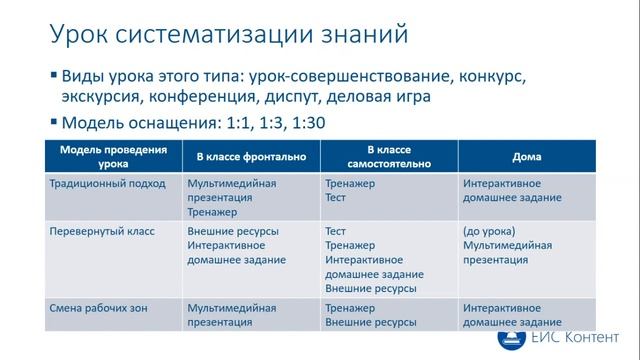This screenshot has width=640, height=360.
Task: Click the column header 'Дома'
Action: (x=527, y=156)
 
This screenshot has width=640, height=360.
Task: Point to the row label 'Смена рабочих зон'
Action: (x=97, y=308)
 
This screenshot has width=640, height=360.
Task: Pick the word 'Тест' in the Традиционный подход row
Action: (x=336, y=198)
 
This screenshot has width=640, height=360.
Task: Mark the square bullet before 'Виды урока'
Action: (x=52, y=76)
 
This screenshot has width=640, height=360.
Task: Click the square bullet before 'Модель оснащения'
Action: (x=52, y=123)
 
